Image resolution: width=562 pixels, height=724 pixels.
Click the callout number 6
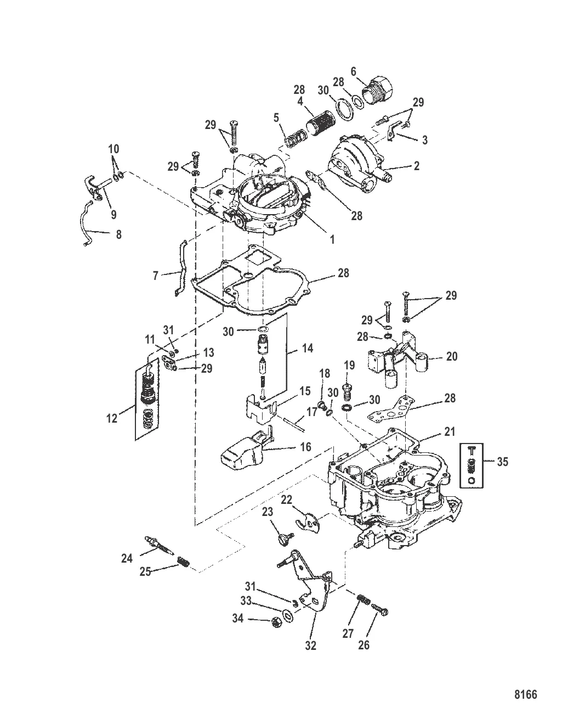click(x=353, y=71)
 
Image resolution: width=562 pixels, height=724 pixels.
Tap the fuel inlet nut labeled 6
click(x=380, y=89)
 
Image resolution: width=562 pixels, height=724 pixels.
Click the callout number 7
click(x=155, y=276)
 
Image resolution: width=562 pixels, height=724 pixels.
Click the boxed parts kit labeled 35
click(x=471, y=465)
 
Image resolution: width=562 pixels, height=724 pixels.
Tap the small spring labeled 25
click(x=184, y=563)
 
